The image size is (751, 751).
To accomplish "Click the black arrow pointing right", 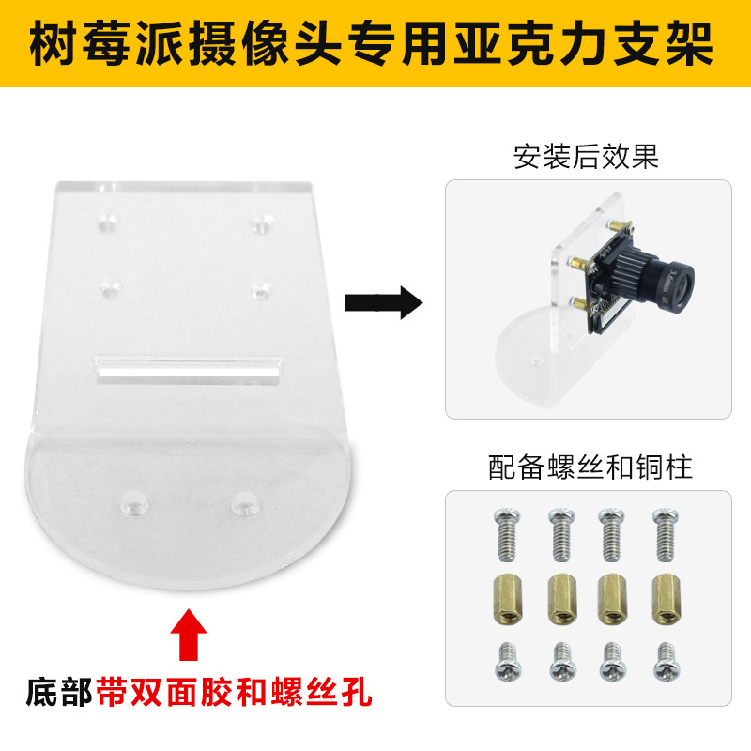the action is tap(384, 302).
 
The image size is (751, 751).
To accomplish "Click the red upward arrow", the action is tap(189, 635).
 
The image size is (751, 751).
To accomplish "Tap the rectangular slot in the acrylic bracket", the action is tap(190, 370).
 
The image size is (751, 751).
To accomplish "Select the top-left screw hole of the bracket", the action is tap(108, 222).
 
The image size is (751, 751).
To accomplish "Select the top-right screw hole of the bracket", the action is tap(262, 222).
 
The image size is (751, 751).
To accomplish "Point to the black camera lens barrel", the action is tap(654, 275).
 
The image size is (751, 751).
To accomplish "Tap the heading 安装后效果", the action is tap(586, 156).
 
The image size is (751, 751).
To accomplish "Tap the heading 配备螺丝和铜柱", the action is tap(590, 467).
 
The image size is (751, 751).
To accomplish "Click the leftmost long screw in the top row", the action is tap(507, 534).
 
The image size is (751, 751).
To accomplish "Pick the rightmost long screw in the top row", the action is tap(666, 534).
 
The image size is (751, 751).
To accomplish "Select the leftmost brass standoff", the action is tap(507, 600).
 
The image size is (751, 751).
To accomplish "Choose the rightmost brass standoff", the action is tap(667, 600).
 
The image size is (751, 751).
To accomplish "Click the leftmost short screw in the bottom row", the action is tap(508, 663).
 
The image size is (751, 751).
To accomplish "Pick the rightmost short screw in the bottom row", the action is tap(666, 662).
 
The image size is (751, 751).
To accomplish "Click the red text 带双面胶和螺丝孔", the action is tap(234, 692).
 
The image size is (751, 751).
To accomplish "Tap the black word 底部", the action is tap(59, 692).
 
